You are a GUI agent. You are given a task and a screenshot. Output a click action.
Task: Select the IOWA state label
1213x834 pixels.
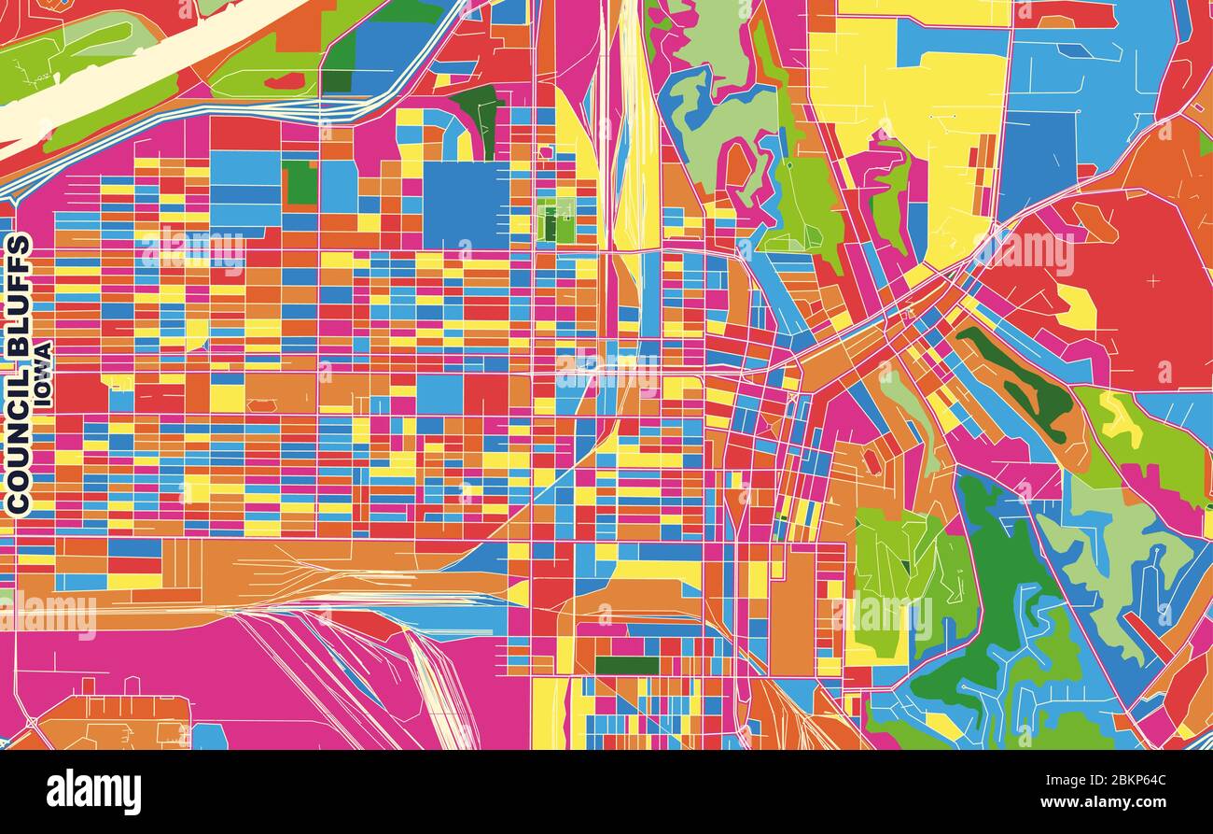(x=43, y=374)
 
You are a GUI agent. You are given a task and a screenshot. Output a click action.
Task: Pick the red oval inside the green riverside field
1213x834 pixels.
(x=285, y=81)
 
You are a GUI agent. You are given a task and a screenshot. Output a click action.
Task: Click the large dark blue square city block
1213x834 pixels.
(x=466, y=205)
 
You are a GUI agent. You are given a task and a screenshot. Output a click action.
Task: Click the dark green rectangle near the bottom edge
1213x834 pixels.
(x=626, y=665)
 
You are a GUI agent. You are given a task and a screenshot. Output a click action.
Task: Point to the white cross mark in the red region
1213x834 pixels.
(x=1151, y=280)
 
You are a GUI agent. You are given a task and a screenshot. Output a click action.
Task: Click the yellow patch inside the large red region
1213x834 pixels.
(x=1078, y=306)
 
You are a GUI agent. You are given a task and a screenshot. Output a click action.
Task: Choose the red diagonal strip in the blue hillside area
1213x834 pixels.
(x=1148, y=636)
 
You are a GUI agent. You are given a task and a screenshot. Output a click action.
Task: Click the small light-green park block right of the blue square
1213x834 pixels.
(x=557, y=221)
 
